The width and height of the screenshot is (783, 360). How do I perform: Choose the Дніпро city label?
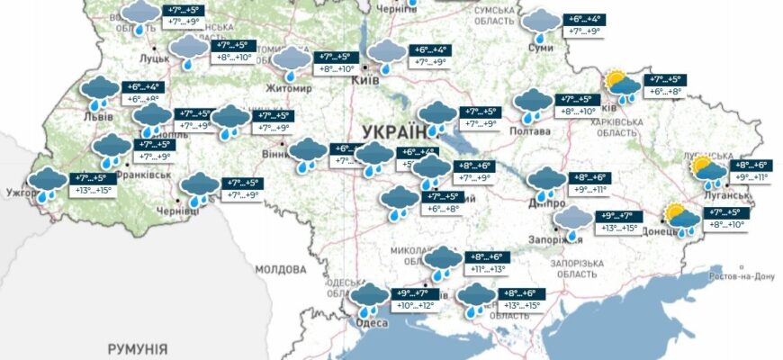point(543,204)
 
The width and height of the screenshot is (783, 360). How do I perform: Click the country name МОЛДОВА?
point(282,268)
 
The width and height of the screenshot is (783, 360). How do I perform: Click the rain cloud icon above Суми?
point(541,23)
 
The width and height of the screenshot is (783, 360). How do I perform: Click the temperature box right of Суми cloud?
point(582,24)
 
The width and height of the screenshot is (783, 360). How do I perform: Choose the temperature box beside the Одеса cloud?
point(415,299)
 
